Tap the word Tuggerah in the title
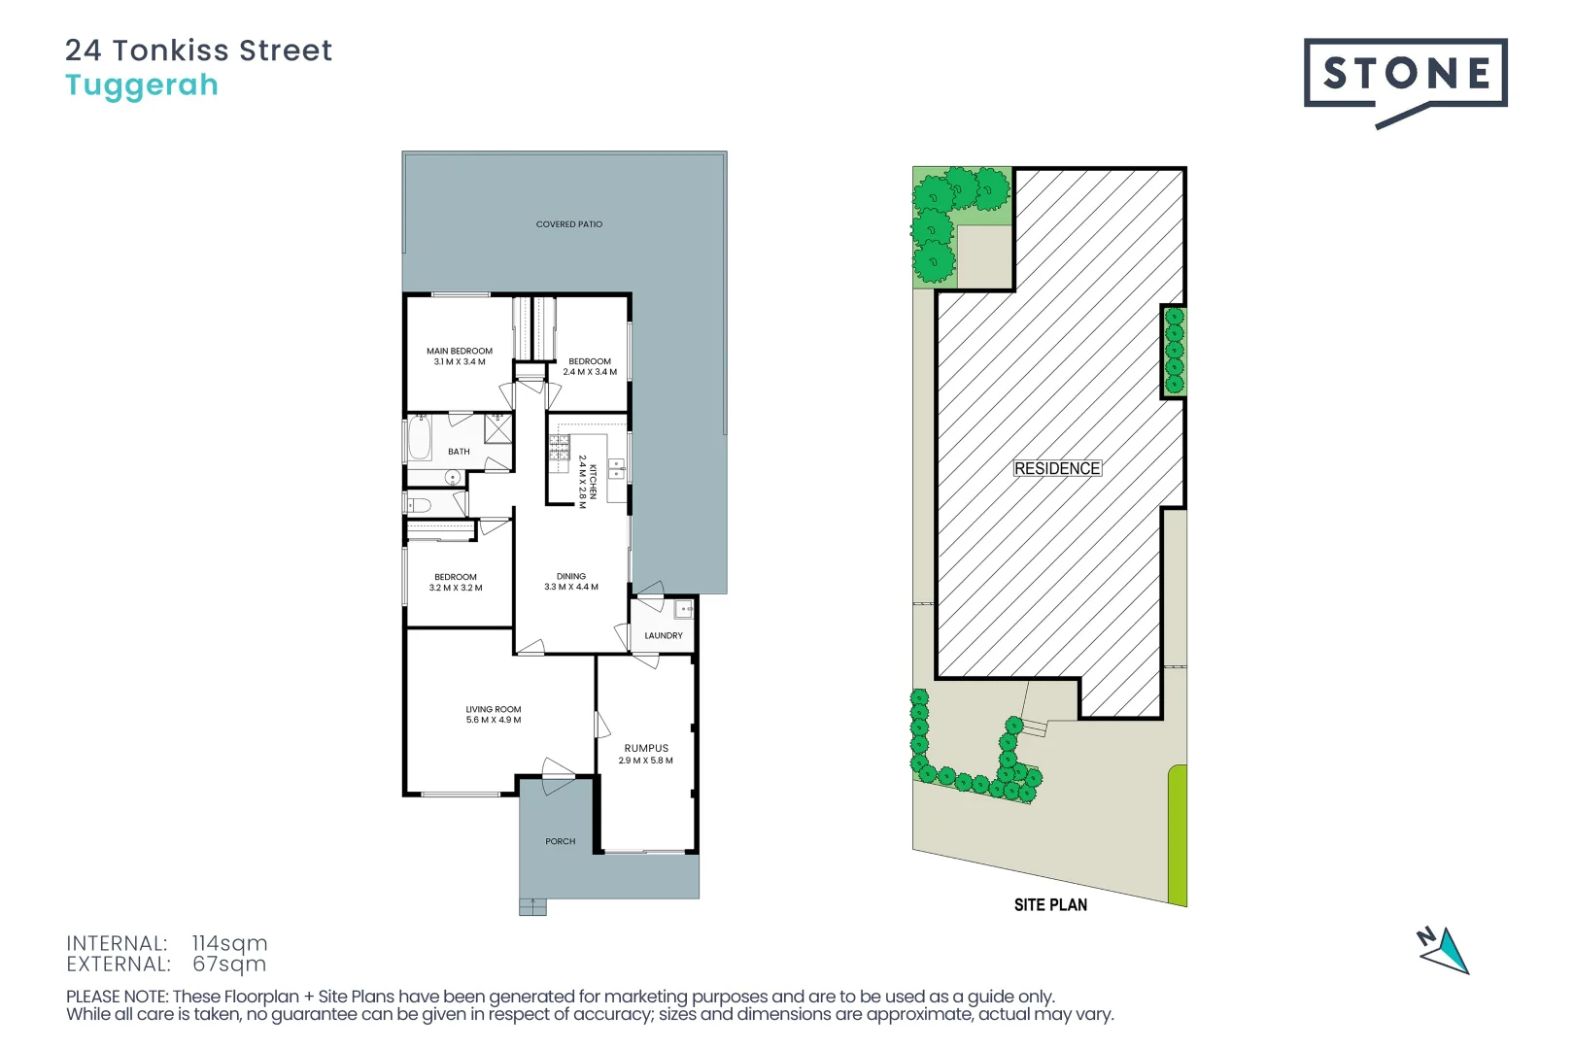142,85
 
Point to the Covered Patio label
569,224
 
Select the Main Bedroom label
460,351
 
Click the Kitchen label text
593,482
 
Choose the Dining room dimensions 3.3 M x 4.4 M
571,587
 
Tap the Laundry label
664,635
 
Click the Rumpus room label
646,748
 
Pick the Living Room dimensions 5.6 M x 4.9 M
494,720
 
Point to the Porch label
561,841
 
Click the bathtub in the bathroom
420,438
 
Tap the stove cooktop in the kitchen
559,448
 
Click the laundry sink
684,609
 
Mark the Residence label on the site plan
1057,468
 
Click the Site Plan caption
1050,905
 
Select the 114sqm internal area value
229,943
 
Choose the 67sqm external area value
229,964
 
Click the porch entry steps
532,907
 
